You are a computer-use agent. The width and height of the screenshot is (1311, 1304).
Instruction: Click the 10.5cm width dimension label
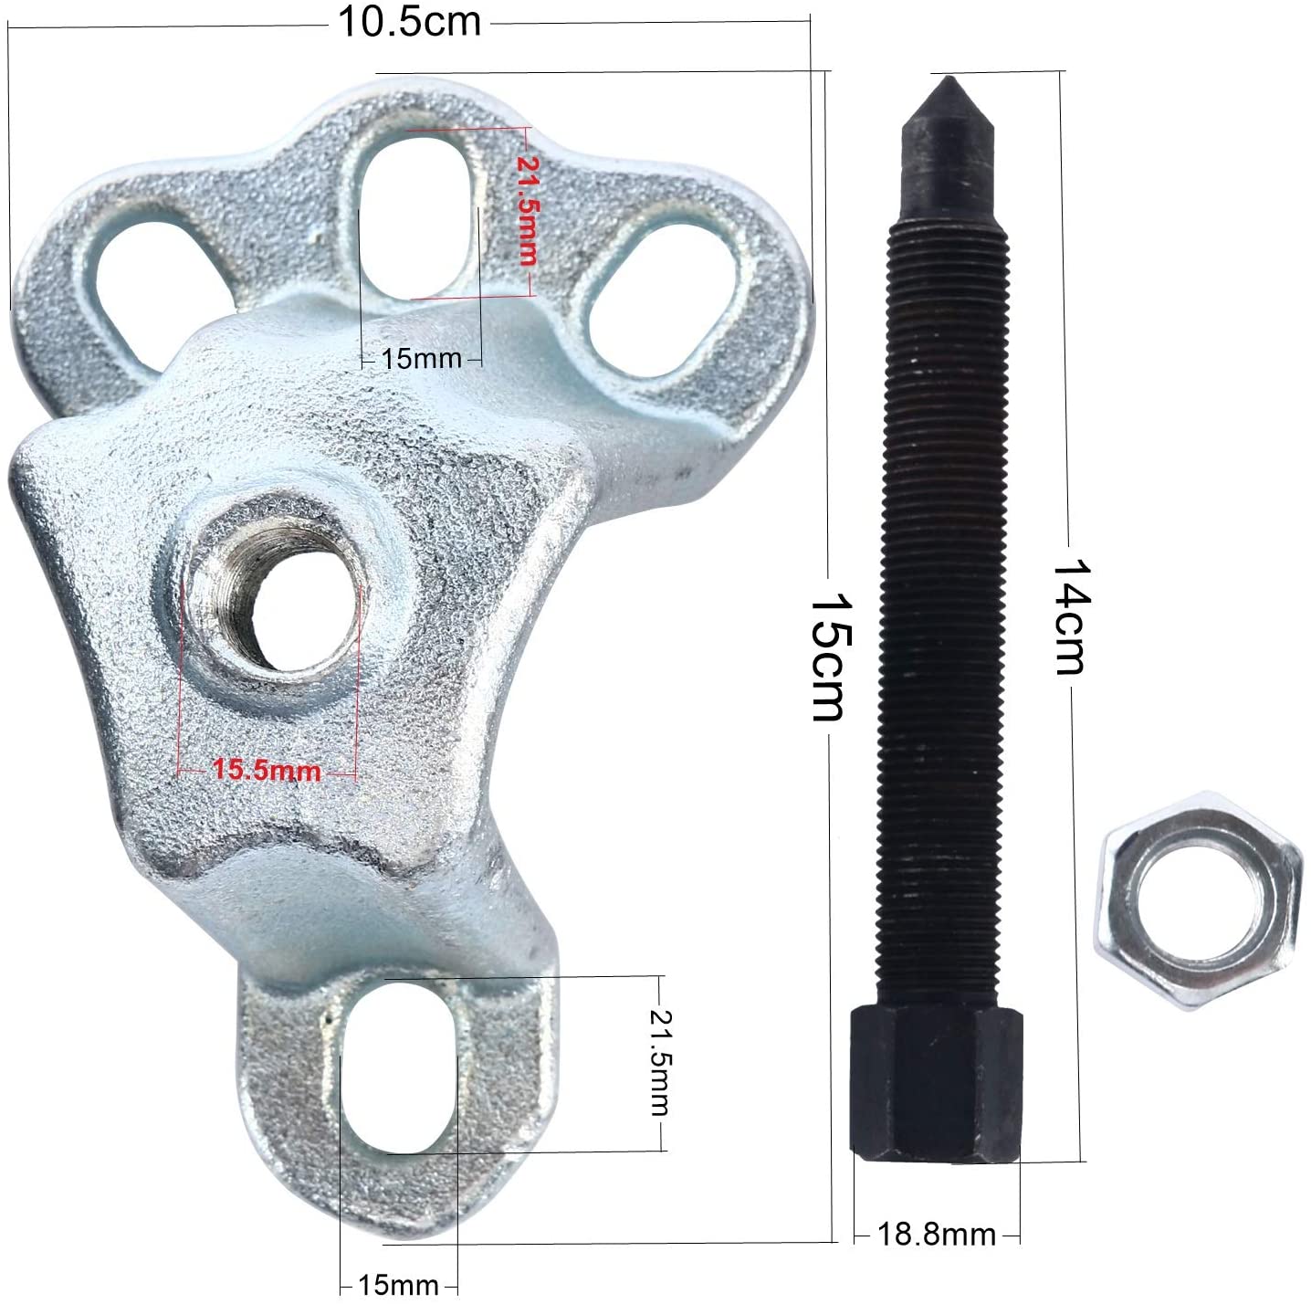pyautogui.click(x=409, y=22)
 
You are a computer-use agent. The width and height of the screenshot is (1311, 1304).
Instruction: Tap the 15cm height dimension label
pyautogui.click(x=831, y=657)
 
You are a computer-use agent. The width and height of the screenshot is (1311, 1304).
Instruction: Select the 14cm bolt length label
pyautogui.click(x=1073, y=616)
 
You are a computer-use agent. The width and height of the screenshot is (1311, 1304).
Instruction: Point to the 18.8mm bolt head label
pyautogui.click(x=936, y=1235)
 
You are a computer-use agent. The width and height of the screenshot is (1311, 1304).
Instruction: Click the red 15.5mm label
pyautogui.click(x=266, y=770)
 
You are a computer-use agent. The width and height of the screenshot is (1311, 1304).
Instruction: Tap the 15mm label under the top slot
pyautogui.click(x=421, y=359)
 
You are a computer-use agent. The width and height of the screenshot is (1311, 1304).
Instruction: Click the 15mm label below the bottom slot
pyautogui.click(x=398, y=1285)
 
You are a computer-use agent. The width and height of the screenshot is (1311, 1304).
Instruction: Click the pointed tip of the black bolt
pyautogui.click(x=948, y=79)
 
